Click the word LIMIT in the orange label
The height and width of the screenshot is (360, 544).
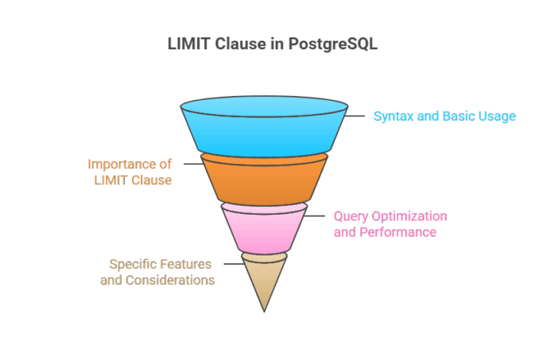[x=109, y=180]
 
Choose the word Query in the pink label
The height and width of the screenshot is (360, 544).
[x=350, y=216]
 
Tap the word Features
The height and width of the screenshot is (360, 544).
[x=187, y=264]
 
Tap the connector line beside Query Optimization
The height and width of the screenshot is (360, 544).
[x=317, y=216]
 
